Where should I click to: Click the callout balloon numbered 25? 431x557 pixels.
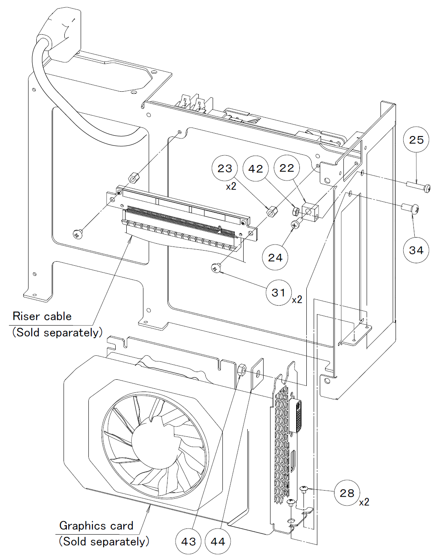click(416, 140)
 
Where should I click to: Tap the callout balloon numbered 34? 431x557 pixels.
click(416, 250)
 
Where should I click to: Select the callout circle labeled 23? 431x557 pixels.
click(224, 168)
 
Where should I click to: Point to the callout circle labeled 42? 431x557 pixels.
click(255, 168)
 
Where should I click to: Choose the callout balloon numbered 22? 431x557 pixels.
click(286, 168)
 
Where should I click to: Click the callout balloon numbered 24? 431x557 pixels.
click(275, 258)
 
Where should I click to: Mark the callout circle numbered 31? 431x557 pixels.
click(279, 293)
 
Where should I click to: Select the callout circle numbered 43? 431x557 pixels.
click(188, 542)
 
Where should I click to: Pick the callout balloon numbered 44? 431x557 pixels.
click(218, 542)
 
